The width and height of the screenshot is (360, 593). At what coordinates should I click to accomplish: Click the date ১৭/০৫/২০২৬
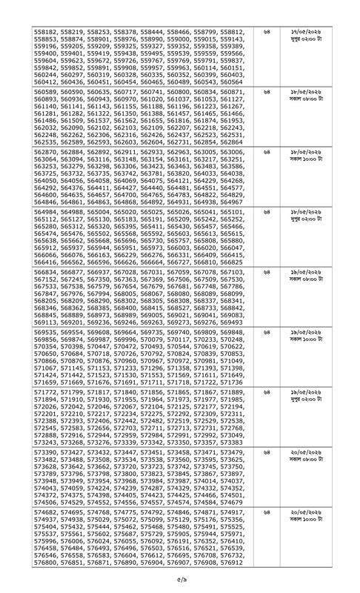(310, 34)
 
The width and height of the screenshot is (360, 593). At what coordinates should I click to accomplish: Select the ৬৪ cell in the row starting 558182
(267, 34)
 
